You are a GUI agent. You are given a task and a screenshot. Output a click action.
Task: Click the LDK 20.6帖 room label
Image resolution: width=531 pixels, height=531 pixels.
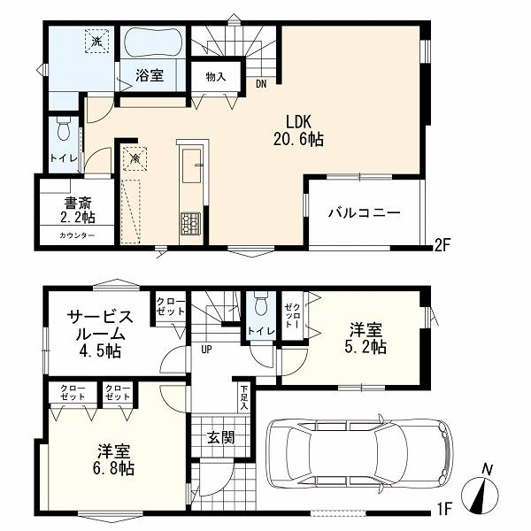(x=298, y=130)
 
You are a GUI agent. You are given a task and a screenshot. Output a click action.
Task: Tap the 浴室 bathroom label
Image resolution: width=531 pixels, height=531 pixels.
(x=150, y=75)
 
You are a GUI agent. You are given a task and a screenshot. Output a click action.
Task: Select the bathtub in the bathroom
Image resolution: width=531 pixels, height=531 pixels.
(x=153, y=43)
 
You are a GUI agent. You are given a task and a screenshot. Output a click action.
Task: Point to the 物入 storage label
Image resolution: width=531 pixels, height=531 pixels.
(x=216, y=77)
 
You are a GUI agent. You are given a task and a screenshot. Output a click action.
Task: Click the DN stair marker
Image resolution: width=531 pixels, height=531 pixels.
(x=261, y=84)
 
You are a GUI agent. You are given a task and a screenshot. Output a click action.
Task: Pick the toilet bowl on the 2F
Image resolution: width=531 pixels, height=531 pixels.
(x=64, y=128)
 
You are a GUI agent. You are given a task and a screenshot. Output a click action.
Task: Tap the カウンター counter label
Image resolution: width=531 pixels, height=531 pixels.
(x=77, y=235)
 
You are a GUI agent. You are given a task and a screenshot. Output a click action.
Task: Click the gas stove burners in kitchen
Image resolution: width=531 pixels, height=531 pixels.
(x=190, y=223)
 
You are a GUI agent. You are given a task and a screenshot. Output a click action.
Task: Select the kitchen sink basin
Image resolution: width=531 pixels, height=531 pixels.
(x=192, y=165)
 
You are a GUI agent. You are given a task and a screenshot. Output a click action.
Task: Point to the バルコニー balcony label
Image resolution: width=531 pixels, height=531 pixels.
(x=365, y=213)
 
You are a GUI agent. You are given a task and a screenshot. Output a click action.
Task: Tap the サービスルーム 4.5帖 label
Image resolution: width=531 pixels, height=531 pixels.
(x=100, y=335)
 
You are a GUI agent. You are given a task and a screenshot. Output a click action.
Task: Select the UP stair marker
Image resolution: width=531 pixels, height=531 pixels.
(x=206, y=350)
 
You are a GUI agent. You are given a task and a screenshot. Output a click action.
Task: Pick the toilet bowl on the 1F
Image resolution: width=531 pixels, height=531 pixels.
(x=260, y=304)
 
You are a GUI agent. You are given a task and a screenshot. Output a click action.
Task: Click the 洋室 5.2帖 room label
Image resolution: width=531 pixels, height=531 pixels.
(x=366, y=338)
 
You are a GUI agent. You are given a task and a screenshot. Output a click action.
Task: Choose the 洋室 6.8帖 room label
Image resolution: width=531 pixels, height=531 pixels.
(x=114, y=460)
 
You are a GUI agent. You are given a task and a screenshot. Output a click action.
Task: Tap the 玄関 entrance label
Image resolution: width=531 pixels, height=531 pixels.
(x=220, y=438)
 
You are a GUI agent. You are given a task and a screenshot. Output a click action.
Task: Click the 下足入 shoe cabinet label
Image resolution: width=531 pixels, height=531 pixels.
(x=244, y=397)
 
